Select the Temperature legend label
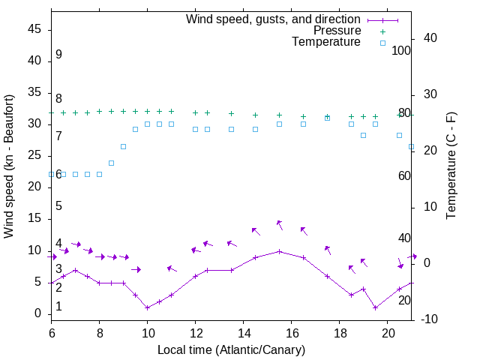pyautogui.click(x=326, y=43)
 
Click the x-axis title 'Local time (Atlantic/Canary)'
pyautogui.click(x=232, y=349)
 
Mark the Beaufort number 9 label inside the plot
pyautogui.click(x=58, y=55)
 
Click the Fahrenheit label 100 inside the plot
pyautogui.click(x=402, y=50)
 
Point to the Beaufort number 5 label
pyautogui.click(x=58, y=206)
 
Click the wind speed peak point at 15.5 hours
pyautogui.click(x=280, y=251)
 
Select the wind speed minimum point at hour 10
pyautogui.click(x=148, y=307)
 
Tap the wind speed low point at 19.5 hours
pyautogui.click(x=376, y=307)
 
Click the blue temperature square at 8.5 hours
pyautogui.click(x=112, y=163)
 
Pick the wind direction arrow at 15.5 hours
pyautogui.click(x=280, y=224)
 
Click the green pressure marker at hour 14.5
pyautogui.click(x=256, y=115)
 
